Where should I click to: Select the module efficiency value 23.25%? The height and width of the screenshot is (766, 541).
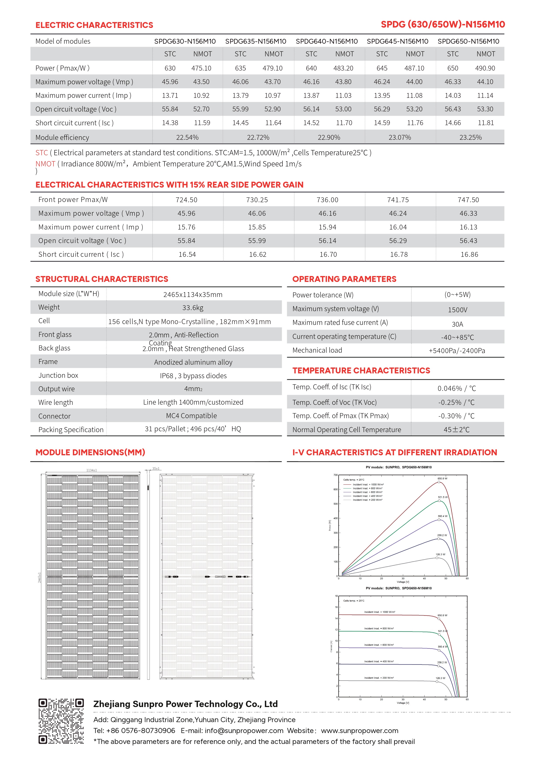[470, 137]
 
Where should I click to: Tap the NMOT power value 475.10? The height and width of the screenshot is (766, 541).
[201, 68]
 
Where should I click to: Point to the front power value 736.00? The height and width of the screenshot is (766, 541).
[327, 200]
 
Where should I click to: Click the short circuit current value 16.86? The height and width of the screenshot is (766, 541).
[469, 255]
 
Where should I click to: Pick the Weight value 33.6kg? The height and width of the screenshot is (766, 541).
[193, 308]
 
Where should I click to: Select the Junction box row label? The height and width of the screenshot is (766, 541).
[58, 375]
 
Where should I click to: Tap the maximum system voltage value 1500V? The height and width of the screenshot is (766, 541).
[457, 310]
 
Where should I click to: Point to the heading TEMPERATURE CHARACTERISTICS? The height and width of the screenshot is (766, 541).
[361, 371]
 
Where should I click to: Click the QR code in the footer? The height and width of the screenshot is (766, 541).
[61, 721]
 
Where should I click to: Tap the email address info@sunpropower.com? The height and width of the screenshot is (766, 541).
[244, 731]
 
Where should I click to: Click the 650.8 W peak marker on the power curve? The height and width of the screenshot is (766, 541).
[439, 482]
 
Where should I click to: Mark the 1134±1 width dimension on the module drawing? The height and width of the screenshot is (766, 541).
[91, 470]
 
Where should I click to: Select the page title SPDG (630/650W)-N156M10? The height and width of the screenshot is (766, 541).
[443, 24]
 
